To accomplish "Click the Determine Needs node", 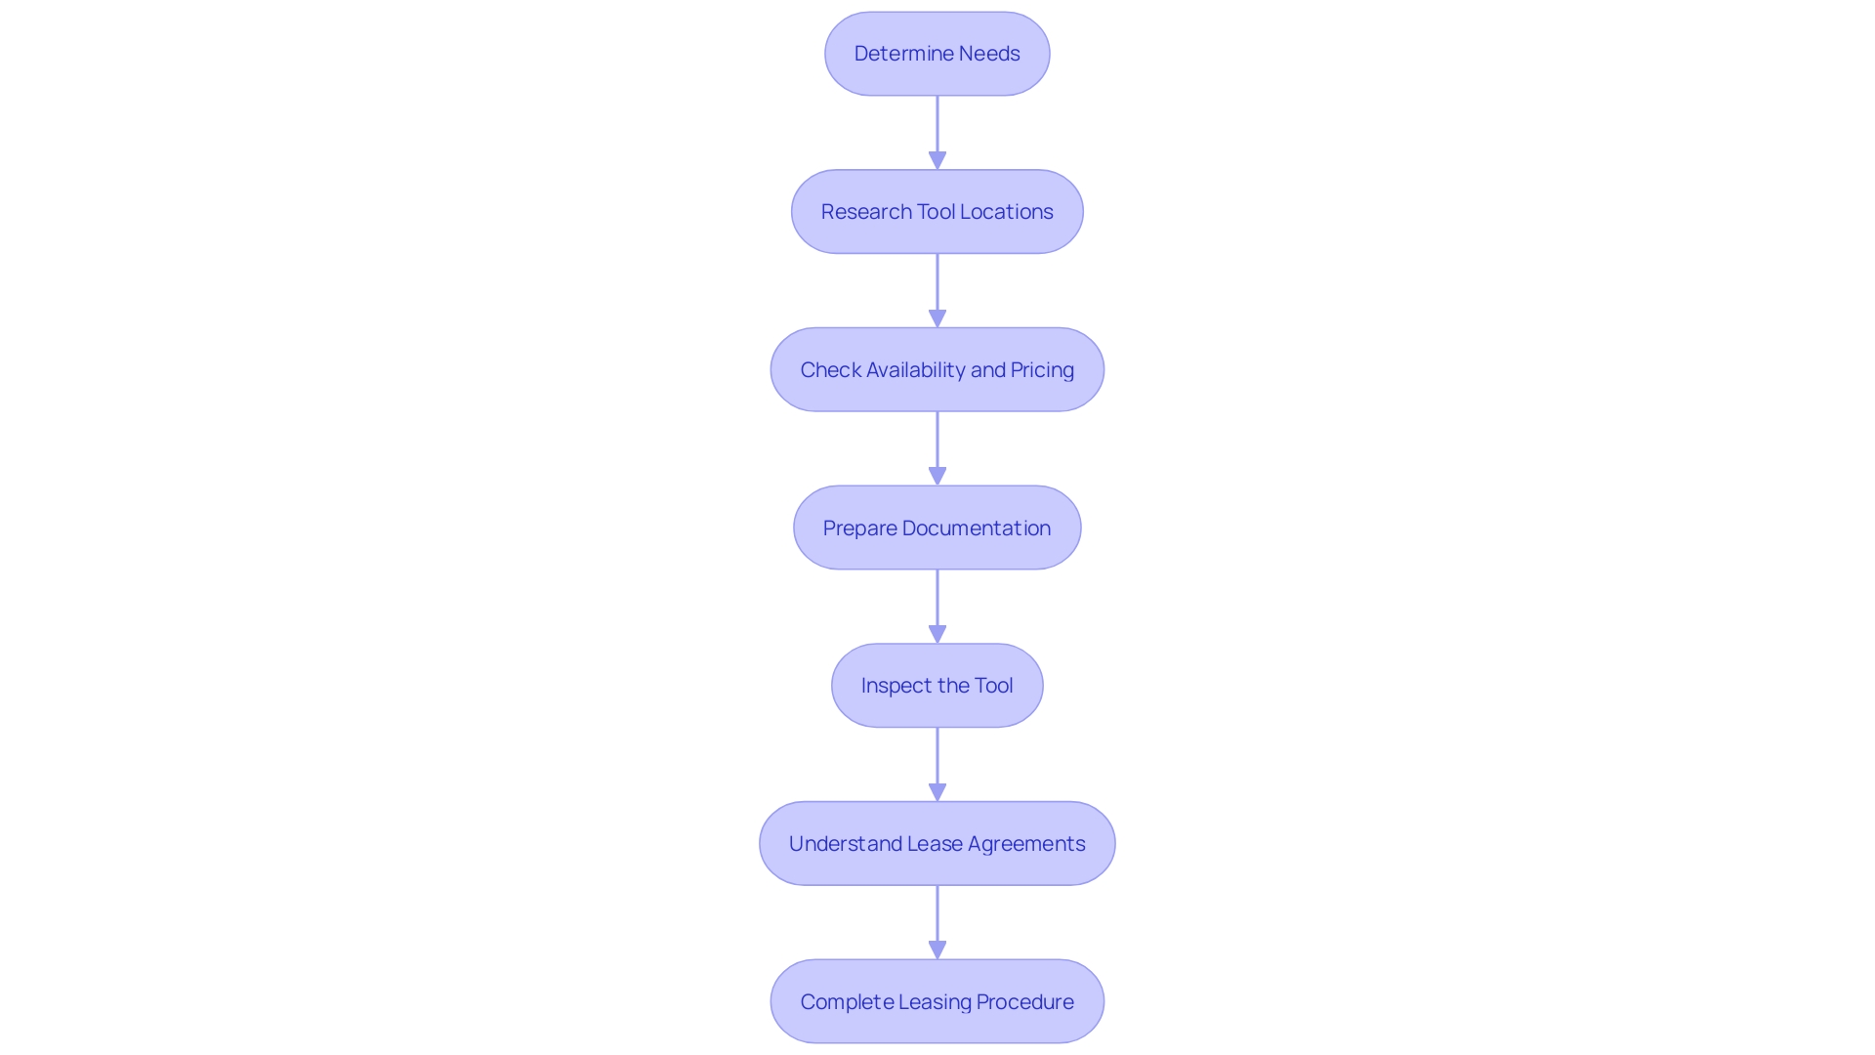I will pos(937,54).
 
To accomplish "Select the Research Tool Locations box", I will pos(937,212).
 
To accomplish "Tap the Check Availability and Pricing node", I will pos(937,369).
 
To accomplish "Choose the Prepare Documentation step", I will pos(937,527).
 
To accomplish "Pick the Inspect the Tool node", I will pos(937,686).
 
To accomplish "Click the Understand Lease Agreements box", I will pos(937,844).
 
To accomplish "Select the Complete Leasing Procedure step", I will pos(937,1001).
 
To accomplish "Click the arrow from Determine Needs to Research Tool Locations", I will pos(937,132).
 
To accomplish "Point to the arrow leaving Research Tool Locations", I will pos(937,290).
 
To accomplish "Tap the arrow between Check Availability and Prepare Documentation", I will pos(937,448).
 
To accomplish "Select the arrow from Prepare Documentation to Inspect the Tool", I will pos(937,606).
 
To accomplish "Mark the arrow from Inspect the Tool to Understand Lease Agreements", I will pos(937,764).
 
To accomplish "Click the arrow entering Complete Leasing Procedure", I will pos(937,922).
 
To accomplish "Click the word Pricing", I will pos(1042,370).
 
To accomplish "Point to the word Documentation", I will pos(977,528).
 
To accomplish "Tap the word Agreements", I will pos(1026,844).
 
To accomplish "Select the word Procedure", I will pos(1024,1002).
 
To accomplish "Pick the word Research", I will pos(866,212).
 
